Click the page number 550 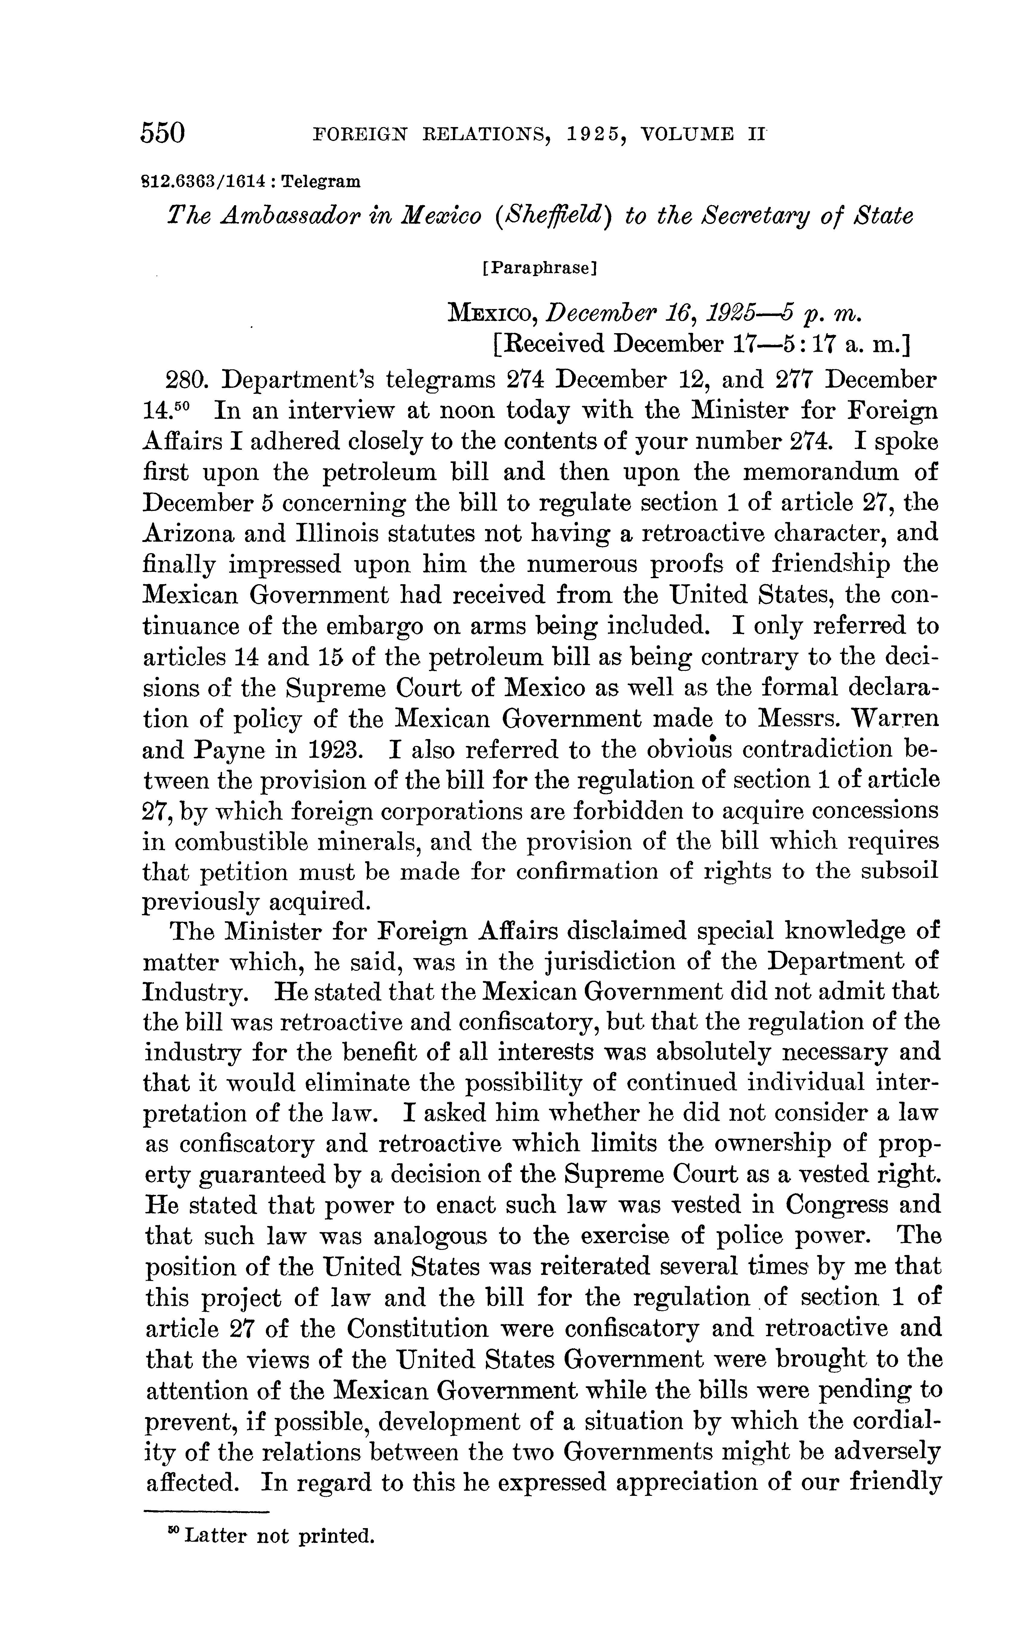(163, 132)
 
